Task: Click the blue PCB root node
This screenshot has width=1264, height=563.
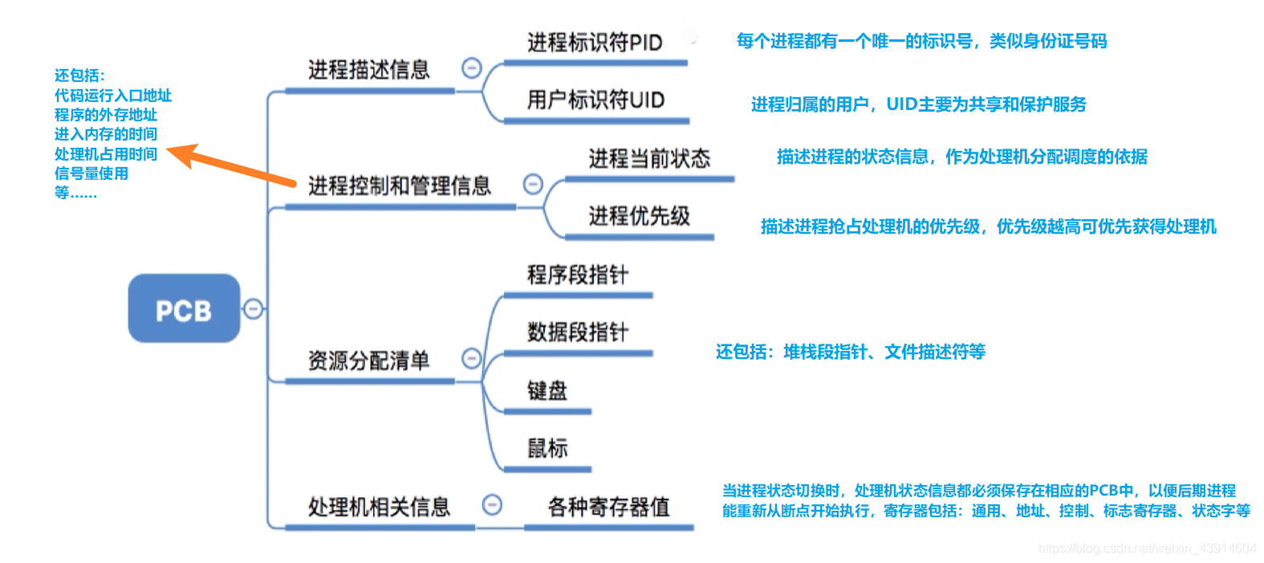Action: tap(184, 309)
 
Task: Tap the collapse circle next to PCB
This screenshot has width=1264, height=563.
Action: tap(253, 308)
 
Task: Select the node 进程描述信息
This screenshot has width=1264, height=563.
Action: tap(369, 70)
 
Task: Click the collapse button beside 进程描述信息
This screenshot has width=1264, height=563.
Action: tap(472, 68)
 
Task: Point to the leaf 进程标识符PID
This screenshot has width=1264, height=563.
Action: tap(595, 43)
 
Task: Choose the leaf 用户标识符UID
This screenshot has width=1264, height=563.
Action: tap(595, 100)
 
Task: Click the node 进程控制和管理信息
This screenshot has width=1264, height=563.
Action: tap(400, 186)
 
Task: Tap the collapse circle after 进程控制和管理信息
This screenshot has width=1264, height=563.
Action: tap(533, 185)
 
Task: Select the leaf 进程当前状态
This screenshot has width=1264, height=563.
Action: tap(649, 158)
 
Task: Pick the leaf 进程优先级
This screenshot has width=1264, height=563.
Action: tap(639, 216)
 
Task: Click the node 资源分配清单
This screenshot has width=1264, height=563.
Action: tap(369, 361)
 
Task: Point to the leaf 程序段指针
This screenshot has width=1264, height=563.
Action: tap(578, 275)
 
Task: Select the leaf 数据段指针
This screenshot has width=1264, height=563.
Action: tap(578, 332)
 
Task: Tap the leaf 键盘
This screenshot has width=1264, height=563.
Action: tap(547, 391)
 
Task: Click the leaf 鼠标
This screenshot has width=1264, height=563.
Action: tap(547, 448)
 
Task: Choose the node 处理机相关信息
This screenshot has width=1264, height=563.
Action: tap(380, 507)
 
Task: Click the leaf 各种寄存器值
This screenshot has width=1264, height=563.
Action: tap(608, 507)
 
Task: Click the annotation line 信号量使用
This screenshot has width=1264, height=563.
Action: tap(91, 173)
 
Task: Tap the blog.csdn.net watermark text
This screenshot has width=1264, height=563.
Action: tap(1147, 549)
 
